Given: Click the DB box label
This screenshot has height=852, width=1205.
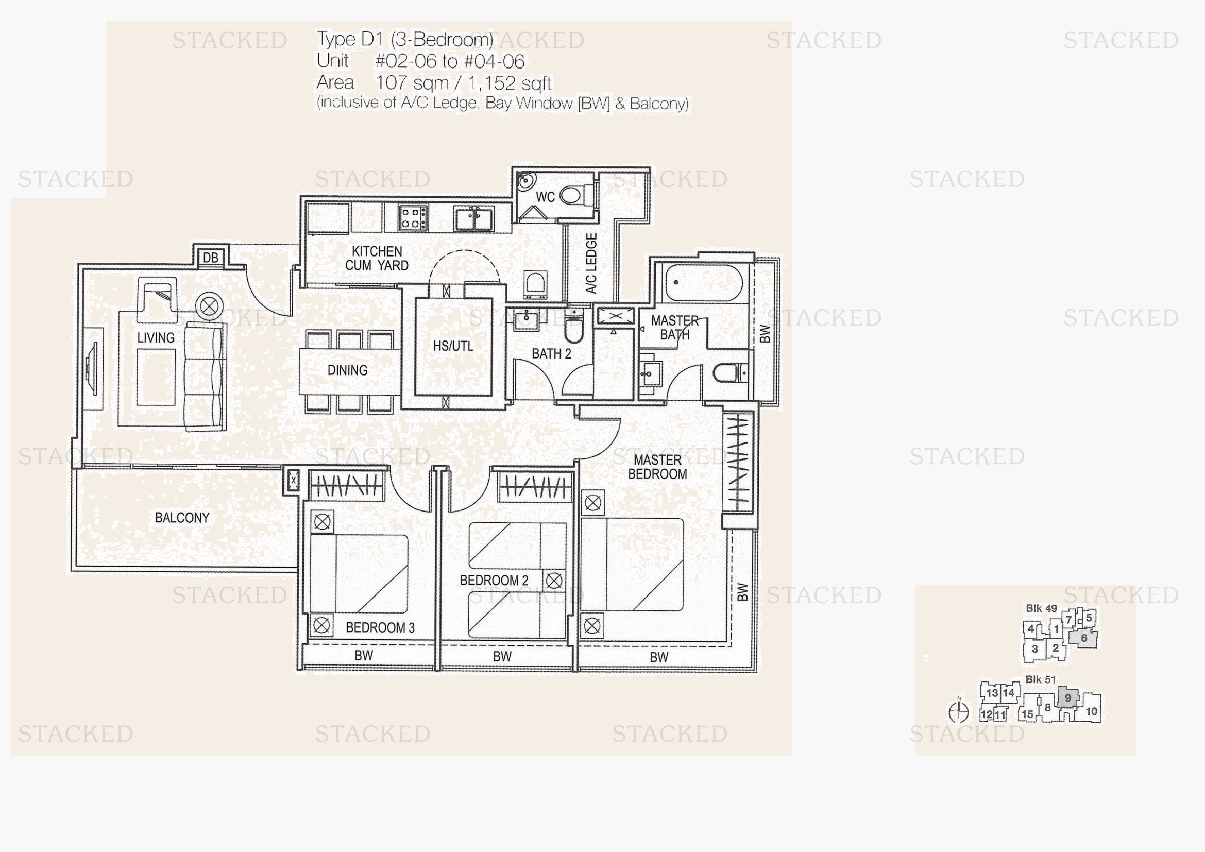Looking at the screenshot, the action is tap(211, 258).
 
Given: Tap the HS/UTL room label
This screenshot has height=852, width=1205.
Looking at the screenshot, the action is tap(453, 346).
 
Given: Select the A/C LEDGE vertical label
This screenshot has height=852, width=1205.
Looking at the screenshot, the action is tap(591, 263).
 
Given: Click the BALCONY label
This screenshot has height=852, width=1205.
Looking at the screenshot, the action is tap(182, 518).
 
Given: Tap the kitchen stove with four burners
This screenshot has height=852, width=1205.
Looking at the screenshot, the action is tap(413, 218).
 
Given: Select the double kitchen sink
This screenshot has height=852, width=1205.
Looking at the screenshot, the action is tap(474, 218).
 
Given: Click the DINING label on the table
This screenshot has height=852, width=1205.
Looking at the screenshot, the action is tap(347, 370).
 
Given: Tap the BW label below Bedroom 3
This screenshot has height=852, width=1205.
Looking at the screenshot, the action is tap(364, 655).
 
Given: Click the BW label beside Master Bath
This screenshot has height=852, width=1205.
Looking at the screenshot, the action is tap(765, 334).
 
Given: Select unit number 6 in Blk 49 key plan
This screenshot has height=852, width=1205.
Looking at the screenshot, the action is tap(1084, 638).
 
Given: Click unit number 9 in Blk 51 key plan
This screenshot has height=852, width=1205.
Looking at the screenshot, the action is tap(1067, 698).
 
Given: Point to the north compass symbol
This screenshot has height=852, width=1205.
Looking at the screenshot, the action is tap(959, 711).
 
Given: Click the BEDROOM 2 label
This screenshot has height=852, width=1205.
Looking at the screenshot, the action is tap(494, 580).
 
